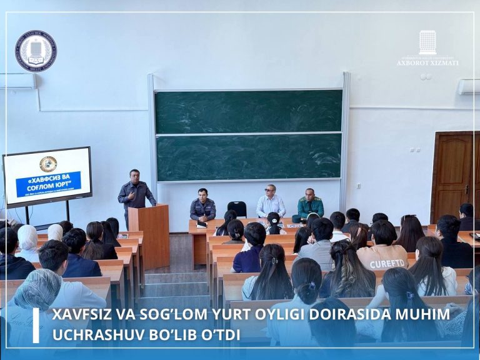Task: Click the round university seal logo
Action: pyautogui.click(x=36, y=51)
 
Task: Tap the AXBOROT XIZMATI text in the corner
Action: pyautogui.click(x=427, y=63)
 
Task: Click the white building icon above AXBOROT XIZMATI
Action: pyautogui.click(x=427, y=42)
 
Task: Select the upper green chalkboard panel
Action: pyautogui.click(x=248, y=111)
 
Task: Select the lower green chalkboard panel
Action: pyautogui.click(x=248, y=157)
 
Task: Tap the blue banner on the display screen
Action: pyautogui.click(x=48, y=184)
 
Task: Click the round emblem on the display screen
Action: pyautogui.click(x=48, y=164)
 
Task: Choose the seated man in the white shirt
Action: pyautogui.click(x=271, y=202)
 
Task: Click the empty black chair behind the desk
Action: pyautogui.click(x=237, y=208)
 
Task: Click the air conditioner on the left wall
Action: pyautogui.click(x=17, y=81)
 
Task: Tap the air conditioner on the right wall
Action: pyautogui.click(x=469, y=86)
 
